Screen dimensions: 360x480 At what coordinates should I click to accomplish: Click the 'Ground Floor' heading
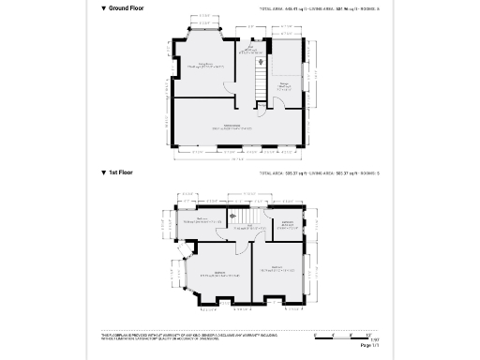coord(127,7)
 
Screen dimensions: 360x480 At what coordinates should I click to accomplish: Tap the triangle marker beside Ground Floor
coord(104,7)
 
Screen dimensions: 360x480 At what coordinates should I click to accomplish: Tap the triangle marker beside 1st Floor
coord(104,173)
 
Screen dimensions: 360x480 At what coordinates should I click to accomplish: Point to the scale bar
coord(347,335)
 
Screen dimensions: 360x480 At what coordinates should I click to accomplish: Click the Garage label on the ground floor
coord(284,87)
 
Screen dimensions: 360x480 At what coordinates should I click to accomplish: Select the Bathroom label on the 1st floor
coord(288,224)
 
